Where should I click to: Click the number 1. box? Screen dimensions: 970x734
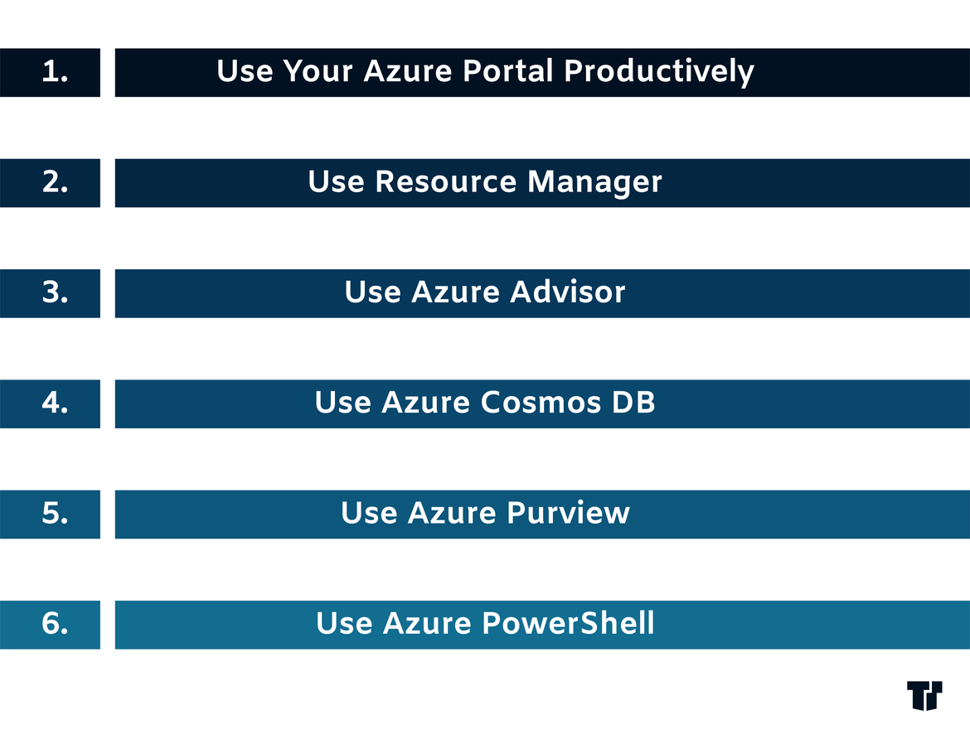point(50,72)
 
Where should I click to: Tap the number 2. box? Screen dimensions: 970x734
point(50,183)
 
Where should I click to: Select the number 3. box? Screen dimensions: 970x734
point(50,293)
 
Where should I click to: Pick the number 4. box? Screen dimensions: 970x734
point(50,403)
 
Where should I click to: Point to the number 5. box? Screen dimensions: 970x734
point(50,514)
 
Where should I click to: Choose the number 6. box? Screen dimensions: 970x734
point(50,625)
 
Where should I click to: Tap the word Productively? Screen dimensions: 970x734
point(659,72)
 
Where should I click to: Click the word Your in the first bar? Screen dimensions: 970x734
point(318,70)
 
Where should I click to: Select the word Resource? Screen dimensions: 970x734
point(445,181)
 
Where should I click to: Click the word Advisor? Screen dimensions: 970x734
point(567,292)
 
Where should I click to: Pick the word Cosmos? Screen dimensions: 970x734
point(541,403)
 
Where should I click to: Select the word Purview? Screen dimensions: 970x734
point(569,513)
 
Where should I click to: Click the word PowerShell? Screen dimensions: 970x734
point(568,623)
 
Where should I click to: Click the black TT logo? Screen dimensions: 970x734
point(925,696)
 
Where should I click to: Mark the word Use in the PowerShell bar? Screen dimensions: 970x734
point(343,623)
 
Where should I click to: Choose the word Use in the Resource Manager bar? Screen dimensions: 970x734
point(336,181)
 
